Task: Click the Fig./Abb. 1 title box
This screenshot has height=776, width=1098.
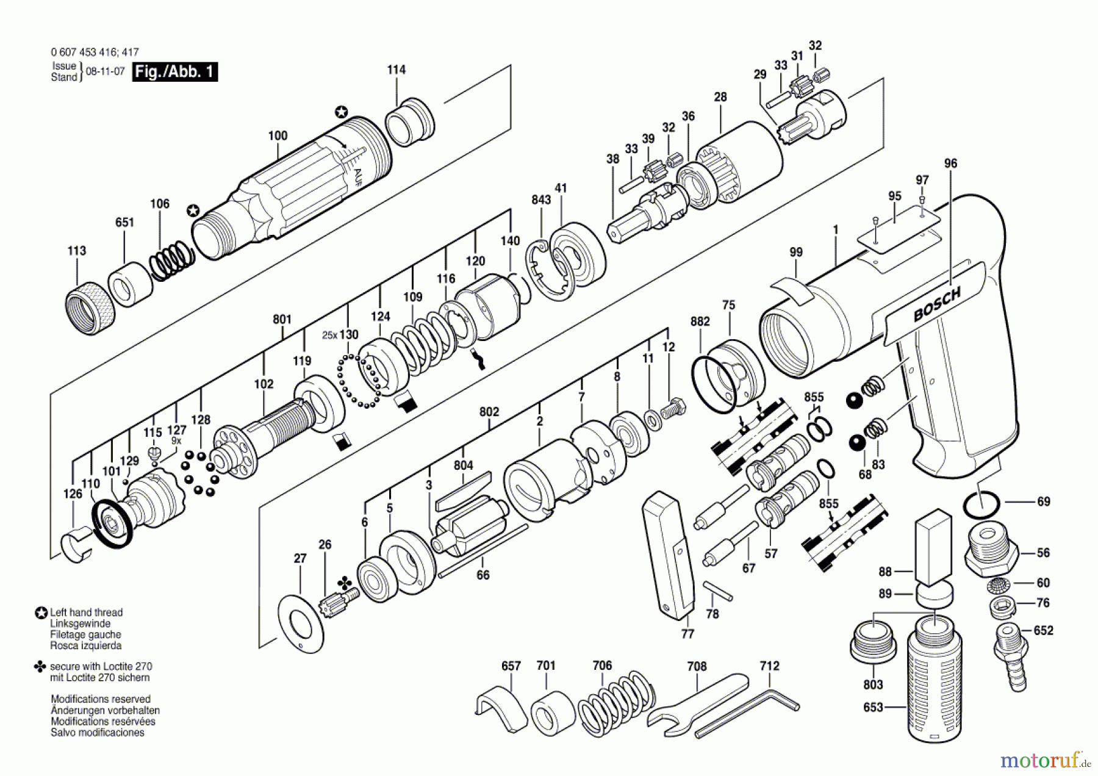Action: (175, 72)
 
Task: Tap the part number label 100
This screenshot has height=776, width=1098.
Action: (278, 135)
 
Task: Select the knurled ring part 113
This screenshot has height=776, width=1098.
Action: (90, 307)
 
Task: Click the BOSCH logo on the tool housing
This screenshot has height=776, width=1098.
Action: (937, 304)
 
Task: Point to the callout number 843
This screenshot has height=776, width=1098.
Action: (540, 200)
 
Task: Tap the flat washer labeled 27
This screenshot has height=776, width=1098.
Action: (301, 623)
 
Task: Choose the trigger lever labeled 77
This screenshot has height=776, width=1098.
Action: (669, 553)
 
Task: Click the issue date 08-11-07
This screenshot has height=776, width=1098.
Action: (105, 71)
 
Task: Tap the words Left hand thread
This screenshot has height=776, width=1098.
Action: (86, 613)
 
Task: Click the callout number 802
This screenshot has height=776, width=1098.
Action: (489, 412)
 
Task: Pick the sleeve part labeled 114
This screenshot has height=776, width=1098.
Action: (409, 122)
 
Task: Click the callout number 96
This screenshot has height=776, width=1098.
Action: (950, 163)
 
